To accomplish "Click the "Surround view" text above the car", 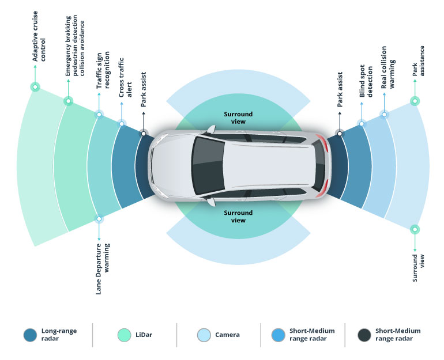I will pyautogui.click(x=238, y=118).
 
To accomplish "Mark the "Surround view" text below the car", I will pyautogui.click(x=238, y=217).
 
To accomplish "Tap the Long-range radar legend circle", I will pyautogui.click(x=29, y=335).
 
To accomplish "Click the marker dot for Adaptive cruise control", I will pyautogui.click(x=35, y=88).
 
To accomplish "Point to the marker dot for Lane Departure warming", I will pyautogui.click(x=99, y=219).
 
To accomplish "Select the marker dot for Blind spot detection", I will pyautogui.click(x=362, y=123).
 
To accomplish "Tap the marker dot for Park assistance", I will pyautogui.click(x=414, y=101).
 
